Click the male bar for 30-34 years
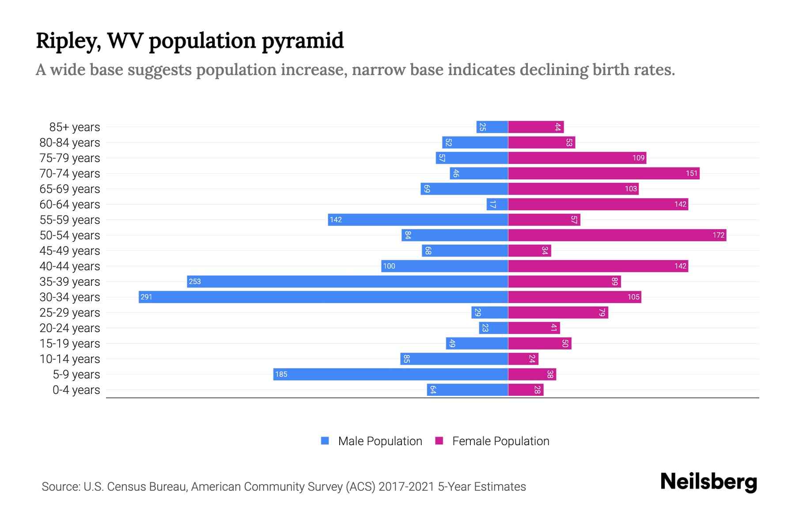323,297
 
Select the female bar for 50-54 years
617,235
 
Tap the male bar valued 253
347,281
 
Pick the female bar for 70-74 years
604,173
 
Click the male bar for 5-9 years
390,374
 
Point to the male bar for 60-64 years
497,204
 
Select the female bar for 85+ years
536,127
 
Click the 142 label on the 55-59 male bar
336,220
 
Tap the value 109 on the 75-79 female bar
638,158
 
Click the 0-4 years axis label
76,390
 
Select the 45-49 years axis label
70,251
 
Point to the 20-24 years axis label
70,328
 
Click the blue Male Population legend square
325,441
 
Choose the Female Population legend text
500,441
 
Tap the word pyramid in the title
303,41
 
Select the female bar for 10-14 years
523,359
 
